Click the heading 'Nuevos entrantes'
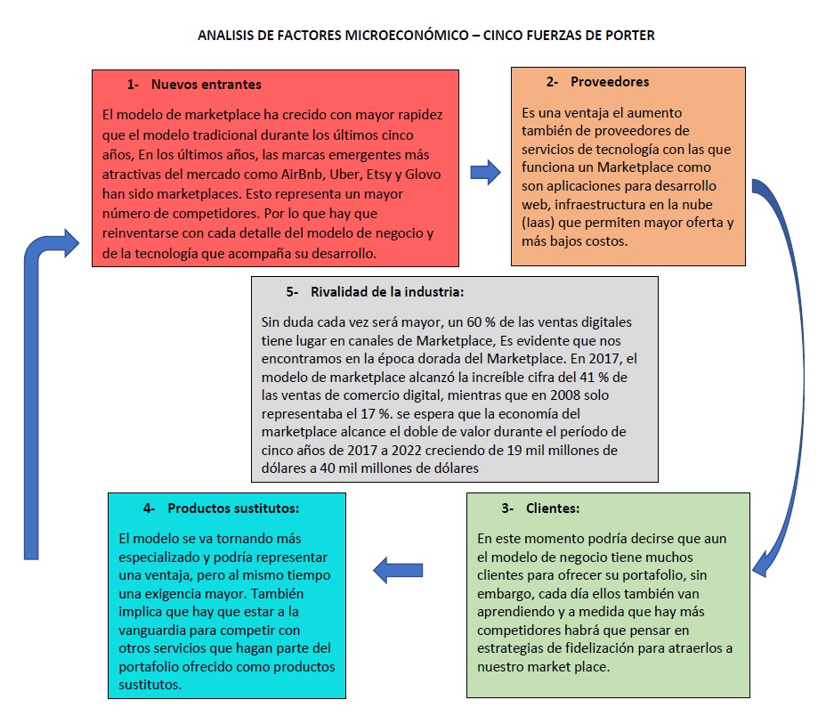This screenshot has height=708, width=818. click(206, 85)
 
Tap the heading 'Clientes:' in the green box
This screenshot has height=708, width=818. click(552, 509)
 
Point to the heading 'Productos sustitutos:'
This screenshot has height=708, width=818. click(232, 508)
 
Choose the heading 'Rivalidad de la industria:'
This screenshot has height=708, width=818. click(387, 292)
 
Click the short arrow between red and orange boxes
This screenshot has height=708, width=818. click(485, 172)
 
